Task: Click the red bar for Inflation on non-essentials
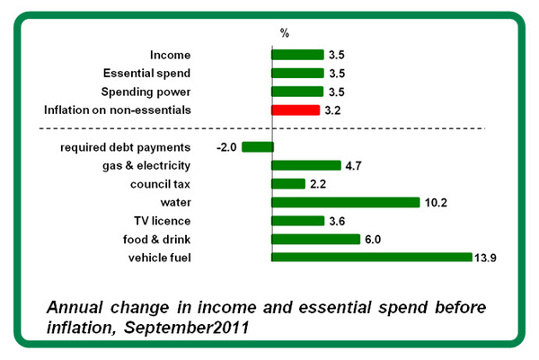pos(296,110)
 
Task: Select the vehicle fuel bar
pos(372,258)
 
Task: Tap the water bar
pos(346,202)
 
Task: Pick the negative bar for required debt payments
pos(257,147)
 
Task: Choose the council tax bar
pos(288,184)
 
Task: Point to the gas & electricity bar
pos(306,165)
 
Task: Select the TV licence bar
pos(297,221)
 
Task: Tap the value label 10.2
pos(437,202)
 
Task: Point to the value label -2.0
pos(225,147)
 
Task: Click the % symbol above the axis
pos(284,33)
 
